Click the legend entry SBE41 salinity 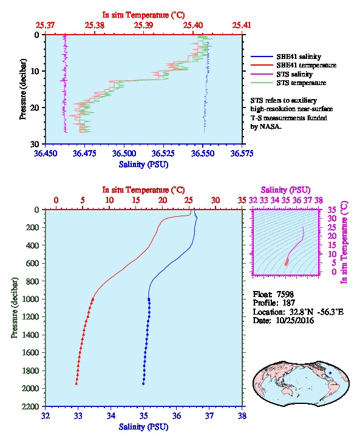[x=299, y=56]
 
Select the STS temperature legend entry [x=301, y=83]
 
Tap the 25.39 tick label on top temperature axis [x=144, y=26]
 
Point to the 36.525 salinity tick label [x=163, y=153]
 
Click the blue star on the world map [x=330, y=373]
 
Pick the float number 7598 [x=285, y=294]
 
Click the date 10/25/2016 [x=294, y=320]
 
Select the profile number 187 [x=288, y=303]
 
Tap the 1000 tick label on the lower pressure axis [x=30, y=299]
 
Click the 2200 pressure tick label [x=30, y=406]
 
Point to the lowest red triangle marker [x=76, y=383]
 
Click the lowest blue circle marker [x=143, y=384]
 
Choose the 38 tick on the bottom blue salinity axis [x=242, y=415]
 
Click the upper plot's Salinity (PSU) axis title [x=144, y=164]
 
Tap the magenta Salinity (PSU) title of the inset [x=285, y=190]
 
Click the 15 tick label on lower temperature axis [x=136, y=200]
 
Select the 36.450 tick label [x=46, y=153]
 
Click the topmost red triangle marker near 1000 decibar [x=93, y=299]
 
